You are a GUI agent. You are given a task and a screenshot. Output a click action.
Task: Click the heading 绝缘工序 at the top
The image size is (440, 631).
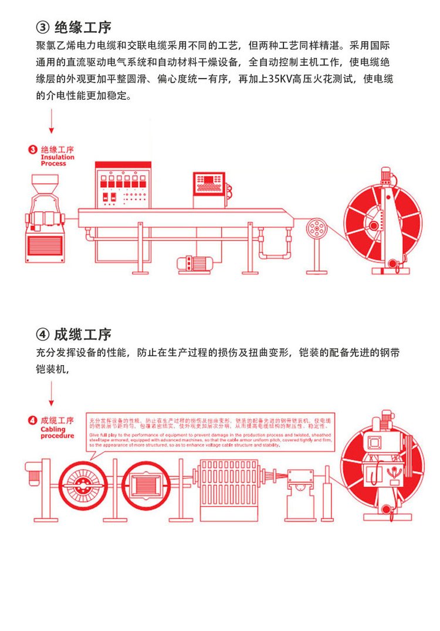point(83,27)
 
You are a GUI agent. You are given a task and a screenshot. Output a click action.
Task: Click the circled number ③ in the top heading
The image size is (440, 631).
point(44,28)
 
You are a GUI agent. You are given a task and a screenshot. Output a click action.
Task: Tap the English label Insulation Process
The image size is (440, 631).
point(57,160)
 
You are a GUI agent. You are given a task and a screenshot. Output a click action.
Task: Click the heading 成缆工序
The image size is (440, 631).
point(83,335)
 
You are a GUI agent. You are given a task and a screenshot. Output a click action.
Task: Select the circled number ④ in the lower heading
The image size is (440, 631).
point(44,335)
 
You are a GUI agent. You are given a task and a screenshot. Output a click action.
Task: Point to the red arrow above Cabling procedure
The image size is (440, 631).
point(52,391)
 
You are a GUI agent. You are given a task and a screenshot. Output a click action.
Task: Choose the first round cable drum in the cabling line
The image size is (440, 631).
point(82,485)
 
